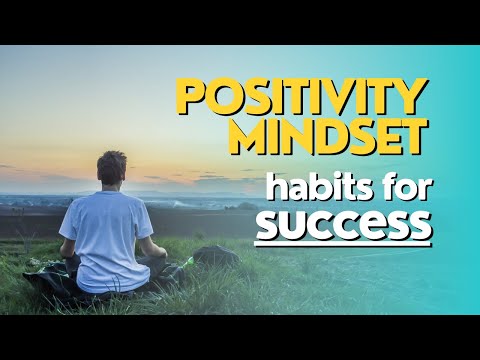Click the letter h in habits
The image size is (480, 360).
coord(264,185)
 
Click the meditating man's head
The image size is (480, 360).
coord(112,168)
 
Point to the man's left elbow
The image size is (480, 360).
coord(67,250)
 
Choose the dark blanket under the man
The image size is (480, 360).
coord(50,285)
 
